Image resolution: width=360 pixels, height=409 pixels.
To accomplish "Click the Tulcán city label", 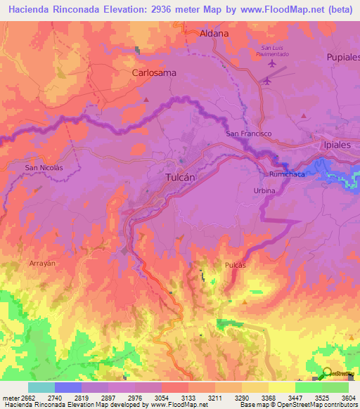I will (179, 178).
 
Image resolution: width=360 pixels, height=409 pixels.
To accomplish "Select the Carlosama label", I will (154, 72).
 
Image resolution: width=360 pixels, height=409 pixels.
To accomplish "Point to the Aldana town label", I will (214, 33).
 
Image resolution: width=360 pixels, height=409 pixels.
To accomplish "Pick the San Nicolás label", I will (44, 168).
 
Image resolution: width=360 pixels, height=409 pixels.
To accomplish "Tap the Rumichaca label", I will (286, 174).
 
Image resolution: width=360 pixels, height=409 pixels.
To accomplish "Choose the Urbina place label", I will (264, 191).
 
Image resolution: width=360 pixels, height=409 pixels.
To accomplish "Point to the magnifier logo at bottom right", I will (326, 374).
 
